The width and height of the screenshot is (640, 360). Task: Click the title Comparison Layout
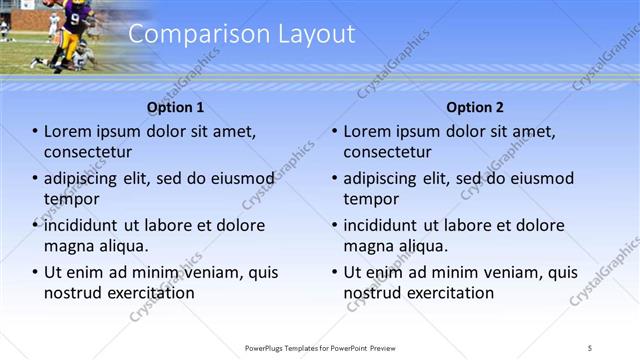click(242, 34)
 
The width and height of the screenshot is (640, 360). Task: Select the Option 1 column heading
click(175, 107)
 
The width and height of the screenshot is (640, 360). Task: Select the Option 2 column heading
click(475, 107)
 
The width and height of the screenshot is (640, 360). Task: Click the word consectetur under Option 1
click(88, 152)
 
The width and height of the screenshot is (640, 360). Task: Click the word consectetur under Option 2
click(388, 152)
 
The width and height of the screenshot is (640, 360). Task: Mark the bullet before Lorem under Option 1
click(35, 132)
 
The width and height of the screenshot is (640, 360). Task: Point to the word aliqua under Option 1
click(122, 246)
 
